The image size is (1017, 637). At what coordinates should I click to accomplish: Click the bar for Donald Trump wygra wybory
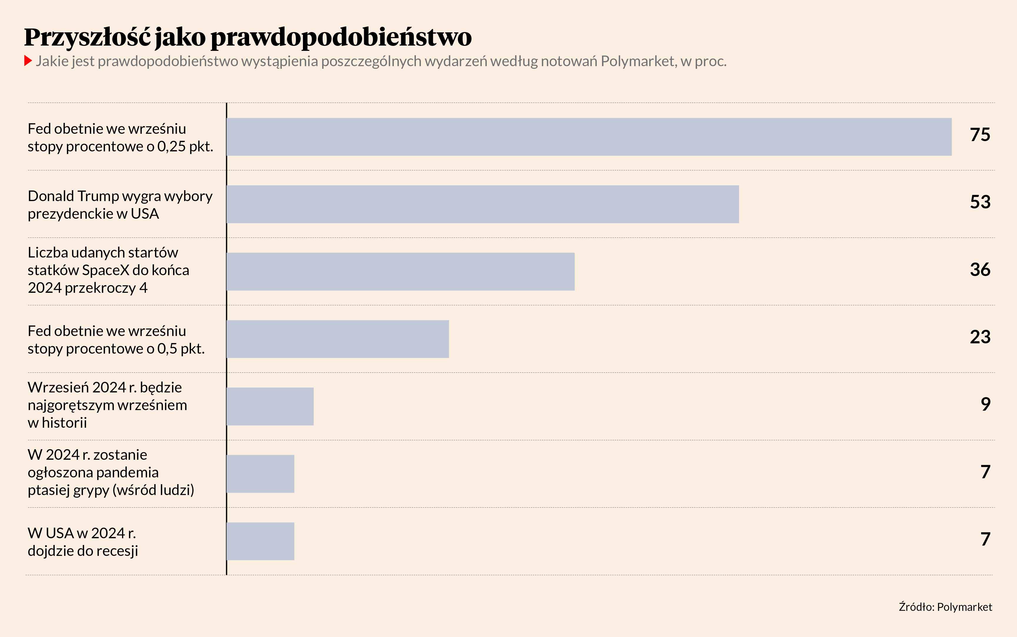tap(483, 204)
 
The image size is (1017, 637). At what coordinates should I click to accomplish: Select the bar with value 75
tap(589, 137)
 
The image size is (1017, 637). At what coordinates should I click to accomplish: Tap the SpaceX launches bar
tap(400, 272)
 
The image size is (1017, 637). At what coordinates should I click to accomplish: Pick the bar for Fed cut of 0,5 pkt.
tap(338, 339)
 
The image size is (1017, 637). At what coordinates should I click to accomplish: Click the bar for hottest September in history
tap(270, 407)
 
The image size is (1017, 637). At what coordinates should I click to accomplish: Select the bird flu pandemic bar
tap(261, 474)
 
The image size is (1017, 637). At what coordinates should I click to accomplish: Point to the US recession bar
tap(261, 541)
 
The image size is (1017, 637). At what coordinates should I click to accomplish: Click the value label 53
tap(980, 202)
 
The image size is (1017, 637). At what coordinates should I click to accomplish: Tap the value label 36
tap(980, 270)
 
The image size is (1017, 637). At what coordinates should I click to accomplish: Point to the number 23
tap(980, 337)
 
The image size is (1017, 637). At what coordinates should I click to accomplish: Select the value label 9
tap(986, 404)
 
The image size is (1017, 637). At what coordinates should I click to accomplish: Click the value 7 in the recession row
tap(986, 539)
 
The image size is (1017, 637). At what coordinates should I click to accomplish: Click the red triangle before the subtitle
tap(28, 61)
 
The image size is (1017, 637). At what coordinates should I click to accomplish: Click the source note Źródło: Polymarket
tap(945, 607)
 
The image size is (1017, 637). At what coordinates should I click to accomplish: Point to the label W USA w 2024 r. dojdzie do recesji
tap(83, 542)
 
